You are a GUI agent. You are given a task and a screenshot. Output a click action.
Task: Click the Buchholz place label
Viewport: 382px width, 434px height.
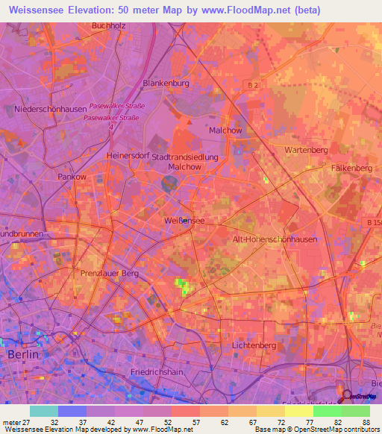[107, 25]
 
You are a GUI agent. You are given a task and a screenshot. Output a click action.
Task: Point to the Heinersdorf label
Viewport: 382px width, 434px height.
[130, 155]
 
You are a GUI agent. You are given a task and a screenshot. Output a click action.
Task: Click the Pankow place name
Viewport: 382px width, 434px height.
[72, 177]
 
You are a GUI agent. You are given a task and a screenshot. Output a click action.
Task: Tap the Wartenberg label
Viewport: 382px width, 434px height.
[306, 150]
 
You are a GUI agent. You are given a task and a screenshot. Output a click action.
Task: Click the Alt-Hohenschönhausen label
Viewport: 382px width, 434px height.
[275, 239]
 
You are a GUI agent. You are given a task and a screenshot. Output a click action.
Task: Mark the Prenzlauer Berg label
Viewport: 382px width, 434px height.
[110, 274]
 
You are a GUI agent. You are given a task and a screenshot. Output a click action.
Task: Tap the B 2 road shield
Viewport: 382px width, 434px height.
[252, 87]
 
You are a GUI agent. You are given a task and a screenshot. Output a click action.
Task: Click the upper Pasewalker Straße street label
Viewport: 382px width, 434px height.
[116, 106]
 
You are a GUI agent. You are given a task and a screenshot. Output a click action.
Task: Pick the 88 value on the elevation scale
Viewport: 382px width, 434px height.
[365, 421]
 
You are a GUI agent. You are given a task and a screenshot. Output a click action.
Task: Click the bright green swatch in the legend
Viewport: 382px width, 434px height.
[328, 410]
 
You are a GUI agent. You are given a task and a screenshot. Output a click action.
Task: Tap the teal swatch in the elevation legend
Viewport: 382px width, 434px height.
[43, 410]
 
